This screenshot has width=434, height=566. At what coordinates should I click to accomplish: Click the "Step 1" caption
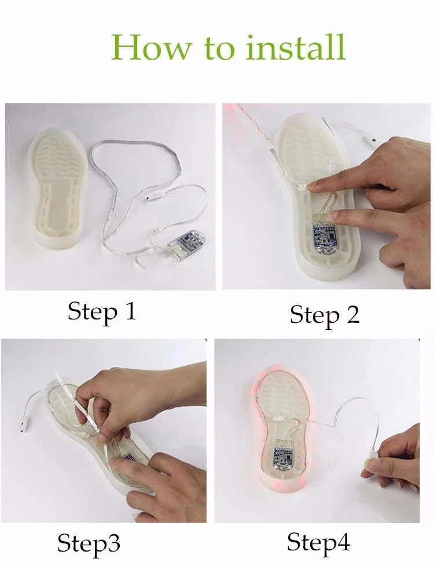click(x=102, y=311)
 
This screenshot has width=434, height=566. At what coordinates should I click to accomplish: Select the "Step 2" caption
click(x=325, y=315)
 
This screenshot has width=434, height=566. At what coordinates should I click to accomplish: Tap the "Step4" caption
click(x=318, y=542)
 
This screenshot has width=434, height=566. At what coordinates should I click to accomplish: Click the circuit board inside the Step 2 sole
click(x=324, y=237)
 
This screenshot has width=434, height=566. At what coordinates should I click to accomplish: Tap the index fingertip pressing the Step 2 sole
click(x=315, y=186)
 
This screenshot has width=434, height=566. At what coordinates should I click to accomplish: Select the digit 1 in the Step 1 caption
click(x=130, y=311)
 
